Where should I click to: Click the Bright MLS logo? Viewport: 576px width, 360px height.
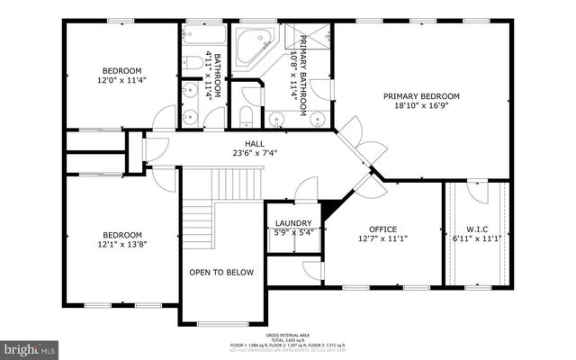coord(31,346)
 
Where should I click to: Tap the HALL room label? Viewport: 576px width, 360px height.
coord(255,143)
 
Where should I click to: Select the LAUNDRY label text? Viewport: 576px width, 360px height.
coord(293,223)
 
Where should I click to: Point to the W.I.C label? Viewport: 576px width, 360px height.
coord(477,229)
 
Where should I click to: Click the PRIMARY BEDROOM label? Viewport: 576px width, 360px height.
coord(421,96)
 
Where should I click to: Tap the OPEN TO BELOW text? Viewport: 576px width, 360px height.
coord(221,272)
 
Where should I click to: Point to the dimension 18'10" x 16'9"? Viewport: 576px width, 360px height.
coord(421,106)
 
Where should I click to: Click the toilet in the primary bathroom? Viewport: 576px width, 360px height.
coord(245,117)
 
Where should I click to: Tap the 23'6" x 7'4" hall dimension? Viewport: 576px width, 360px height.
coord(255,153)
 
